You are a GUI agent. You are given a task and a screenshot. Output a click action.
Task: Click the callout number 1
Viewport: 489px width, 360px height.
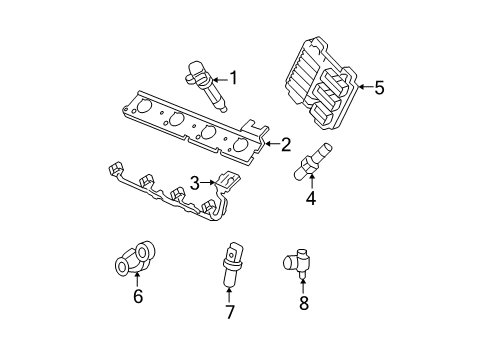coord(234,77)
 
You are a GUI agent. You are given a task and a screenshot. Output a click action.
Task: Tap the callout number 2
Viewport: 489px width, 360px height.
coord(286,145)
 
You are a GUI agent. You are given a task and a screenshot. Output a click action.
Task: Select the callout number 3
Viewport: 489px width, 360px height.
coord(195,183)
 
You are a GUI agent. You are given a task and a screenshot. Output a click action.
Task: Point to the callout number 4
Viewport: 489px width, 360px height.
coord(311,198)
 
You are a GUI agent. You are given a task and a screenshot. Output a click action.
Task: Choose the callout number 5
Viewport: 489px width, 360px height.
coord(379,88)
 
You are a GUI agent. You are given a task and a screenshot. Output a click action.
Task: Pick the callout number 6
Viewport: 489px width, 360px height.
coord(138,295)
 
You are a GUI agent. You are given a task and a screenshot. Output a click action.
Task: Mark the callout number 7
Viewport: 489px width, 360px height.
coord(229,311)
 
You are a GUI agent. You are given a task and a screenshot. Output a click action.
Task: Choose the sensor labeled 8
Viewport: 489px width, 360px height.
coord(299,263)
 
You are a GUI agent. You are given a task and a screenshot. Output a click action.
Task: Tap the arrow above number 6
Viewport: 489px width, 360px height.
coord(138,279)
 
